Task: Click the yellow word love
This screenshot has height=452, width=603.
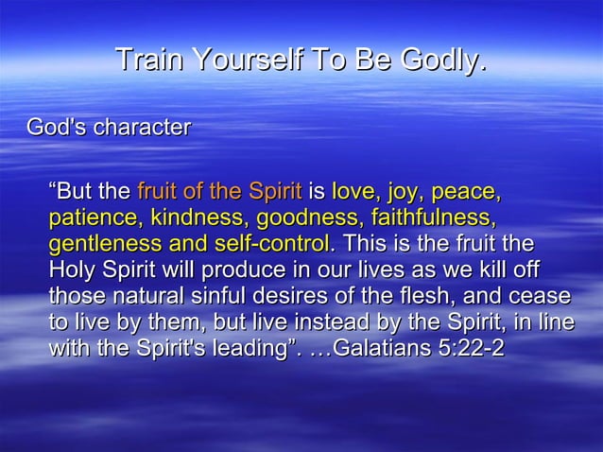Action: [353, 193]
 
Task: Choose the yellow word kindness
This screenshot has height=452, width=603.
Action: [195, 219]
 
